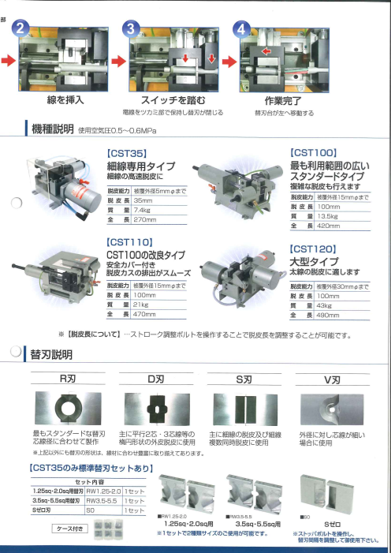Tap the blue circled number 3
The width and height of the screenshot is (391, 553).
point(132,29)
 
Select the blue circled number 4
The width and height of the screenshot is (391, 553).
point(242,29)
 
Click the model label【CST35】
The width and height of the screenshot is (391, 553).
point(126,154)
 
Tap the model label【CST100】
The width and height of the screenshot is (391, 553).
point(314,151)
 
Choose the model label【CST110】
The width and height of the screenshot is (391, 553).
point(128,242)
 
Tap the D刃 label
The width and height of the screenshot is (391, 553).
point(155,379)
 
